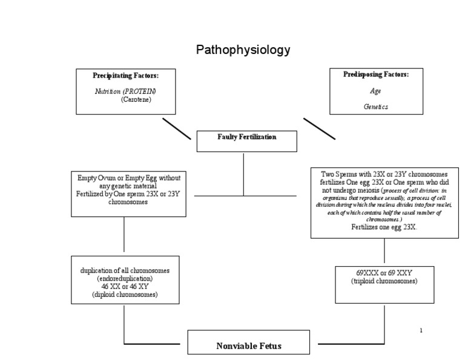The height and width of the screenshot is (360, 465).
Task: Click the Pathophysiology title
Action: click(243, 50)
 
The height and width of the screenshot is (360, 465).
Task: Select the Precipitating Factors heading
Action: click(125, 76)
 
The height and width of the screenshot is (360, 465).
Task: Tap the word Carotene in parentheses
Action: click(136, 99)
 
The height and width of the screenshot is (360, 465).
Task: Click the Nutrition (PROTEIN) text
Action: click(125, 91)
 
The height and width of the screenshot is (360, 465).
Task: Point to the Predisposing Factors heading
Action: click(376, 75)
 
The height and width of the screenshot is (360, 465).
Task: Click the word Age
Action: click(375, 91)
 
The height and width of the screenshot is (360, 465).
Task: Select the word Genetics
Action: click(375, 107)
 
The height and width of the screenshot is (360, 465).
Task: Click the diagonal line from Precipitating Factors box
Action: click(177, 128)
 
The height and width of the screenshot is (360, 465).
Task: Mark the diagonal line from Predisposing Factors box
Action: click(319, 128)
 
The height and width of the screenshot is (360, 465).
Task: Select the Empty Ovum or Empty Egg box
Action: click(128, 193)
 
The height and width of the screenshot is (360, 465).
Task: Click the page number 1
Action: click(420, 330)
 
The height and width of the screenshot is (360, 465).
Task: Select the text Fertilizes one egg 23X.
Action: click(384, 227)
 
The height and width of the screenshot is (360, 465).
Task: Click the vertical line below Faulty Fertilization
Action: click(244, 174)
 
